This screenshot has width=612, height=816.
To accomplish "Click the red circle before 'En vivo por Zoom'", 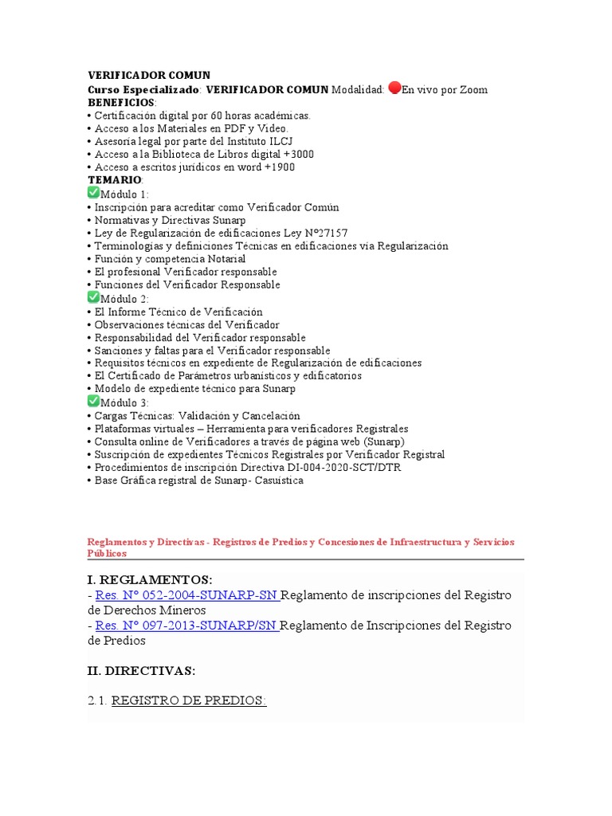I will (394, 88).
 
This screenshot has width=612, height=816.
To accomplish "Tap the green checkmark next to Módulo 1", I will (93, 193).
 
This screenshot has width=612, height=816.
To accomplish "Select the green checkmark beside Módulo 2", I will (93, 297).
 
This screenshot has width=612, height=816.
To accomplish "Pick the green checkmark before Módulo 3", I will (93, 402).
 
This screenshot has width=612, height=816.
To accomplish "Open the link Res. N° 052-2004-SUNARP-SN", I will (187, 595).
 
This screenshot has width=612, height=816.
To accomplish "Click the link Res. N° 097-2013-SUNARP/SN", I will (187, 626).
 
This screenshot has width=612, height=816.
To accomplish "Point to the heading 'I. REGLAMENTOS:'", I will (150, 579).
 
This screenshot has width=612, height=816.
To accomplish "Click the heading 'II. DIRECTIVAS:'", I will (141, 671).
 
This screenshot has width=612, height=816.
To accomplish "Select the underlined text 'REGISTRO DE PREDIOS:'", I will (189, 700).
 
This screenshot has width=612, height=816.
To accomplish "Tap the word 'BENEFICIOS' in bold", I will (121, 103).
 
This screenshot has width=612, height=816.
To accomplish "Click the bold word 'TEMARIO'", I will (114, 180).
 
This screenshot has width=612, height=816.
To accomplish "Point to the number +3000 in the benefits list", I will (298, 154).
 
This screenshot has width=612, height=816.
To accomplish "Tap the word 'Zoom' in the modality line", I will (475, 89).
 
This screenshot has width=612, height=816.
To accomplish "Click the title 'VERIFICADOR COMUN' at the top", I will (148, 76).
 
